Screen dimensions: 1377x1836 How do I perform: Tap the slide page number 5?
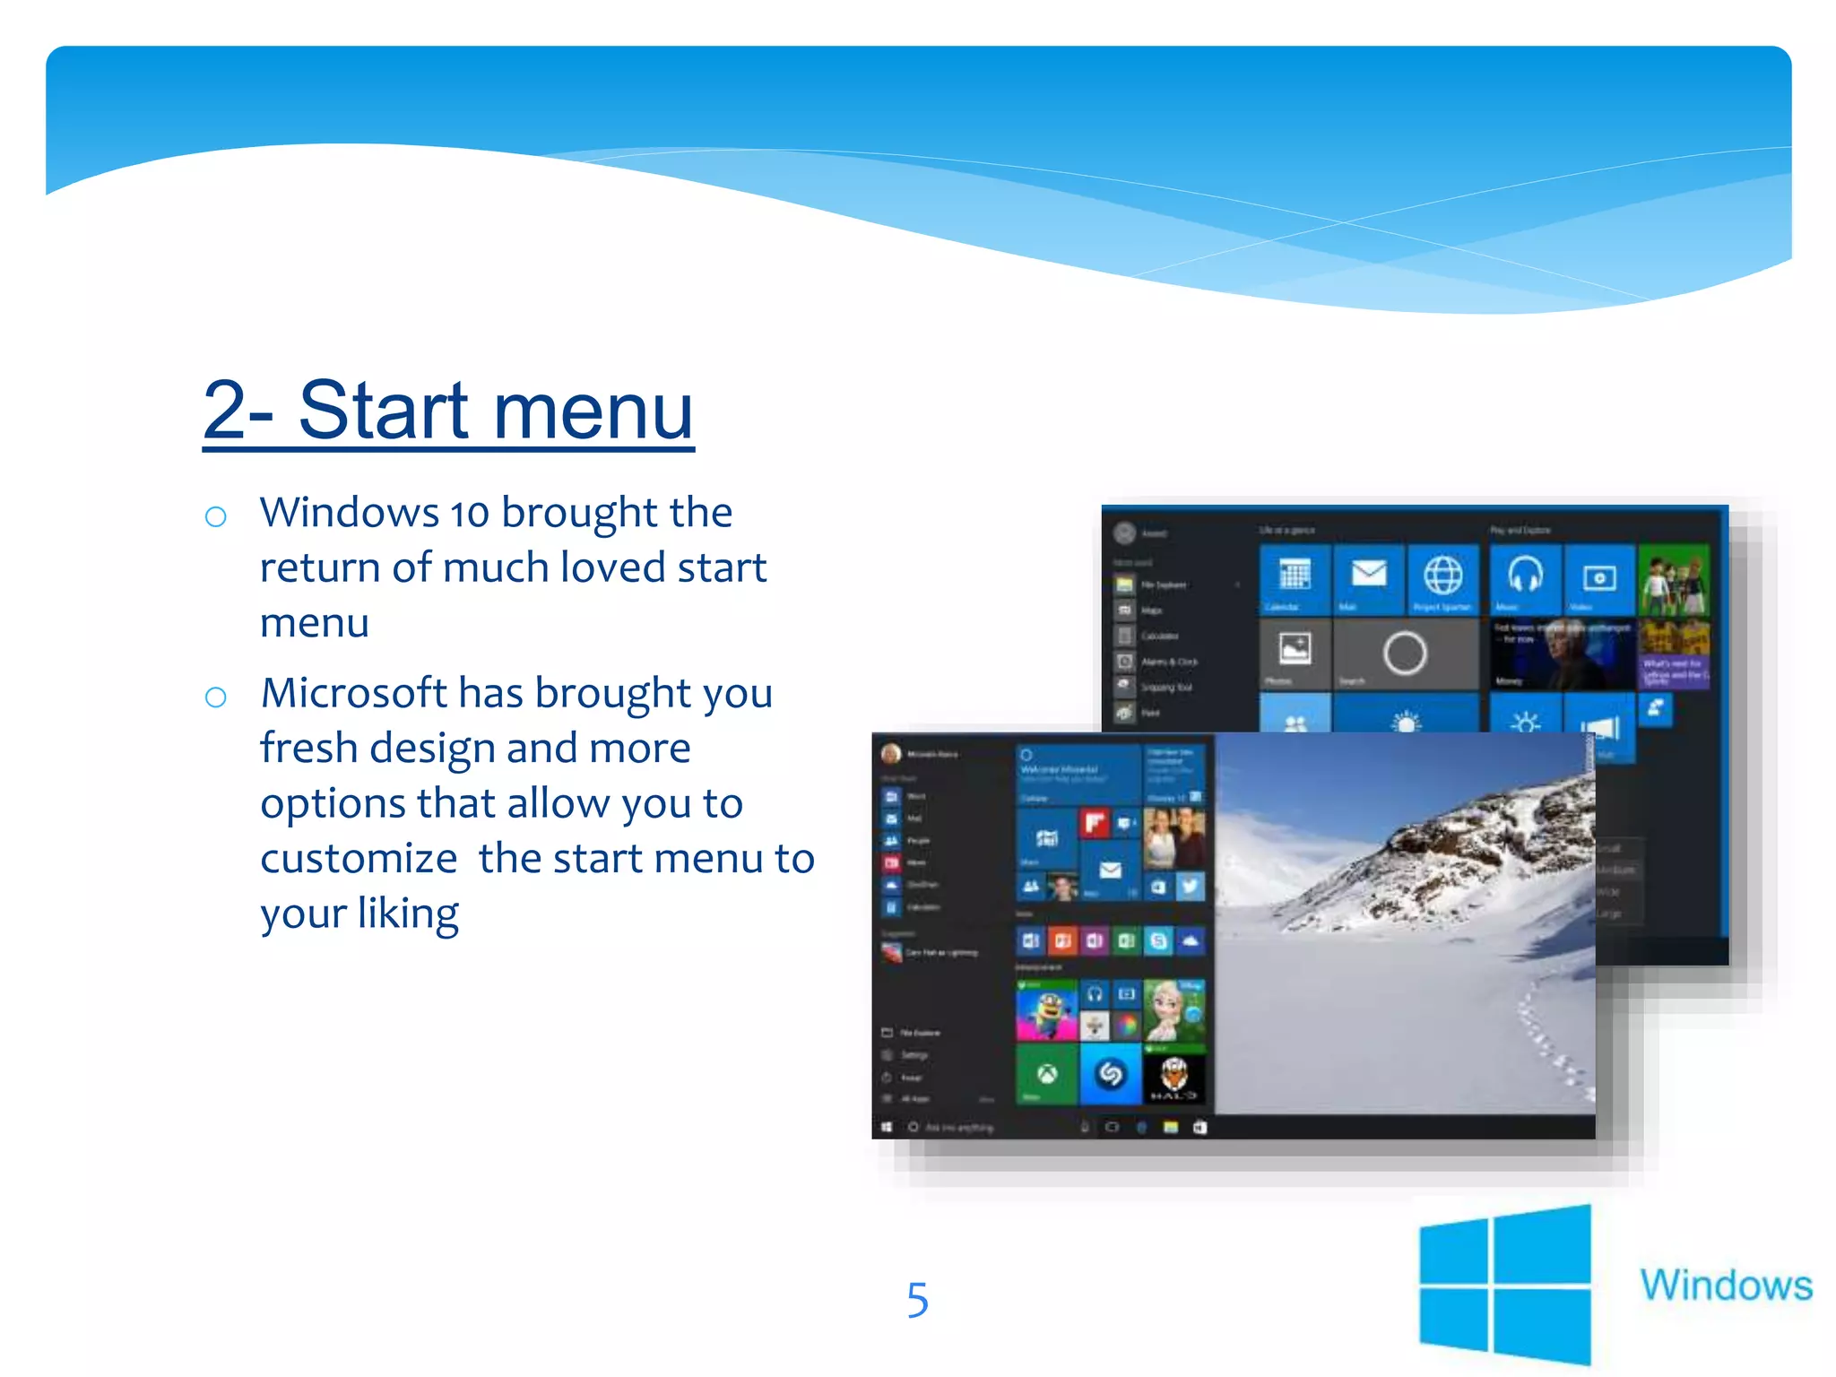click(x=917, y=1300)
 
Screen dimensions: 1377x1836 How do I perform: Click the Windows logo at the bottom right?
click(x=1504, y=1284)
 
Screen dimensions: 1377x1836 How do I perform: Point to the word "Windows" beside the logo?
click(x=1726, y=1285)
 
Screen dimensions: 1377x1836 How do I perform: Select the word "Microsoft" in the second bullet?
click(x=354, y=693)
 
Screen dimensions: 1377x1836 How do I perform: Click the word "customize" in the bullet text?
click(x=359, y=859)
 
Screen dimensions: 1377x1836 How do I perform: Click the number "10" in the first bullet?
click(x=470, y=514)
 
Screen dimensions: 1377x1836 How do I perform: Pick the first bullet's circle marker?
click(x=215, y=516)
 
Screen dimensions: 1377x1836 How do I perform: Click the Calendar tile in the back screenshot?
click(x=1295, y=578)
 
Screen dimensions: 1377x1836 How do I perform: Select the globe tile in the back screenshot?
click(x=1442, y=578)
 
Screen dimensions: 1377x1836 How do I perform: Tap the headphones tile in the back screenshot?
click(x=1525, y=578)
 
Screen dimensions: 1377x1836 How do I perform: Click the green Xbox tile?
click(x=1046, y=1075)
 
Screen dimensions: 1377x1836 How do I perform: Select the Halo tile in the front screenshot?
click(x=1173, y=1076)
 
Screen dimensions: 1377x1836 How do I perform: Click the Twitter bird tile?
click(x=1190, y=887)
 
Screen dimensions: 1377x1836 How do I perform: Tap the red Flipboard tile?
click(x=1095, y=822)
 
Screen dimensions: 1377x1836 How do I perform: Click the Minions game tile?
click(x=1046, y=1010)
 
